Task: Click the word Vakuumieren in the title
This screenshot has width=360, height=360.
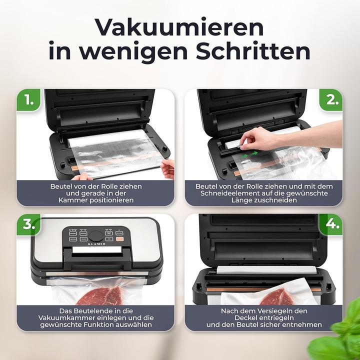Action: coord(179,26)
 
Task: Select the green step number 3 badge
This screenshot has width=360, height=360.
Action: coord(29,225)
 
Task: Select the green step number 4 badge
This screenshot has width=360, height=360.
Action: coord(330,225)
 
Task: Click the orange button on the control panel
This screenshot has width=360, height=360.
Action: coord(119,239)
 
